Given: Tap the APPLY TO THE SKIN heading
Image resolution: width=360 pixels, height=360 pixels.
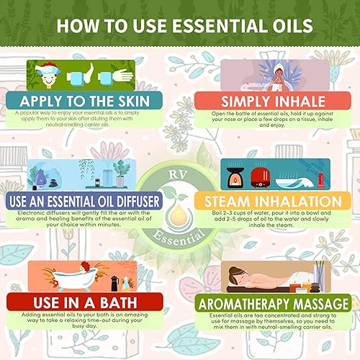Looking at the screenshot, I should click(78, 100).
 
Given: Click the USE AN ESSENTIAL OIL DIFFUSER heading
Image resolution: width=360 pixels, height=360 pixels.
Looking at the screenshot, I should click(87, 200).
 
